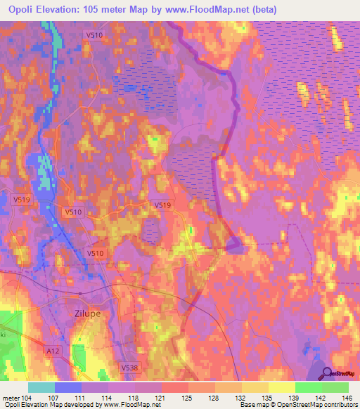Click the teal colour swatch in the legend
(x=41, y=387)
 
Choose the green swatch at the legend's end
(x=335, y=387)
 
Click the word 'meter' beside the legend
(x=11, y=398)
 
